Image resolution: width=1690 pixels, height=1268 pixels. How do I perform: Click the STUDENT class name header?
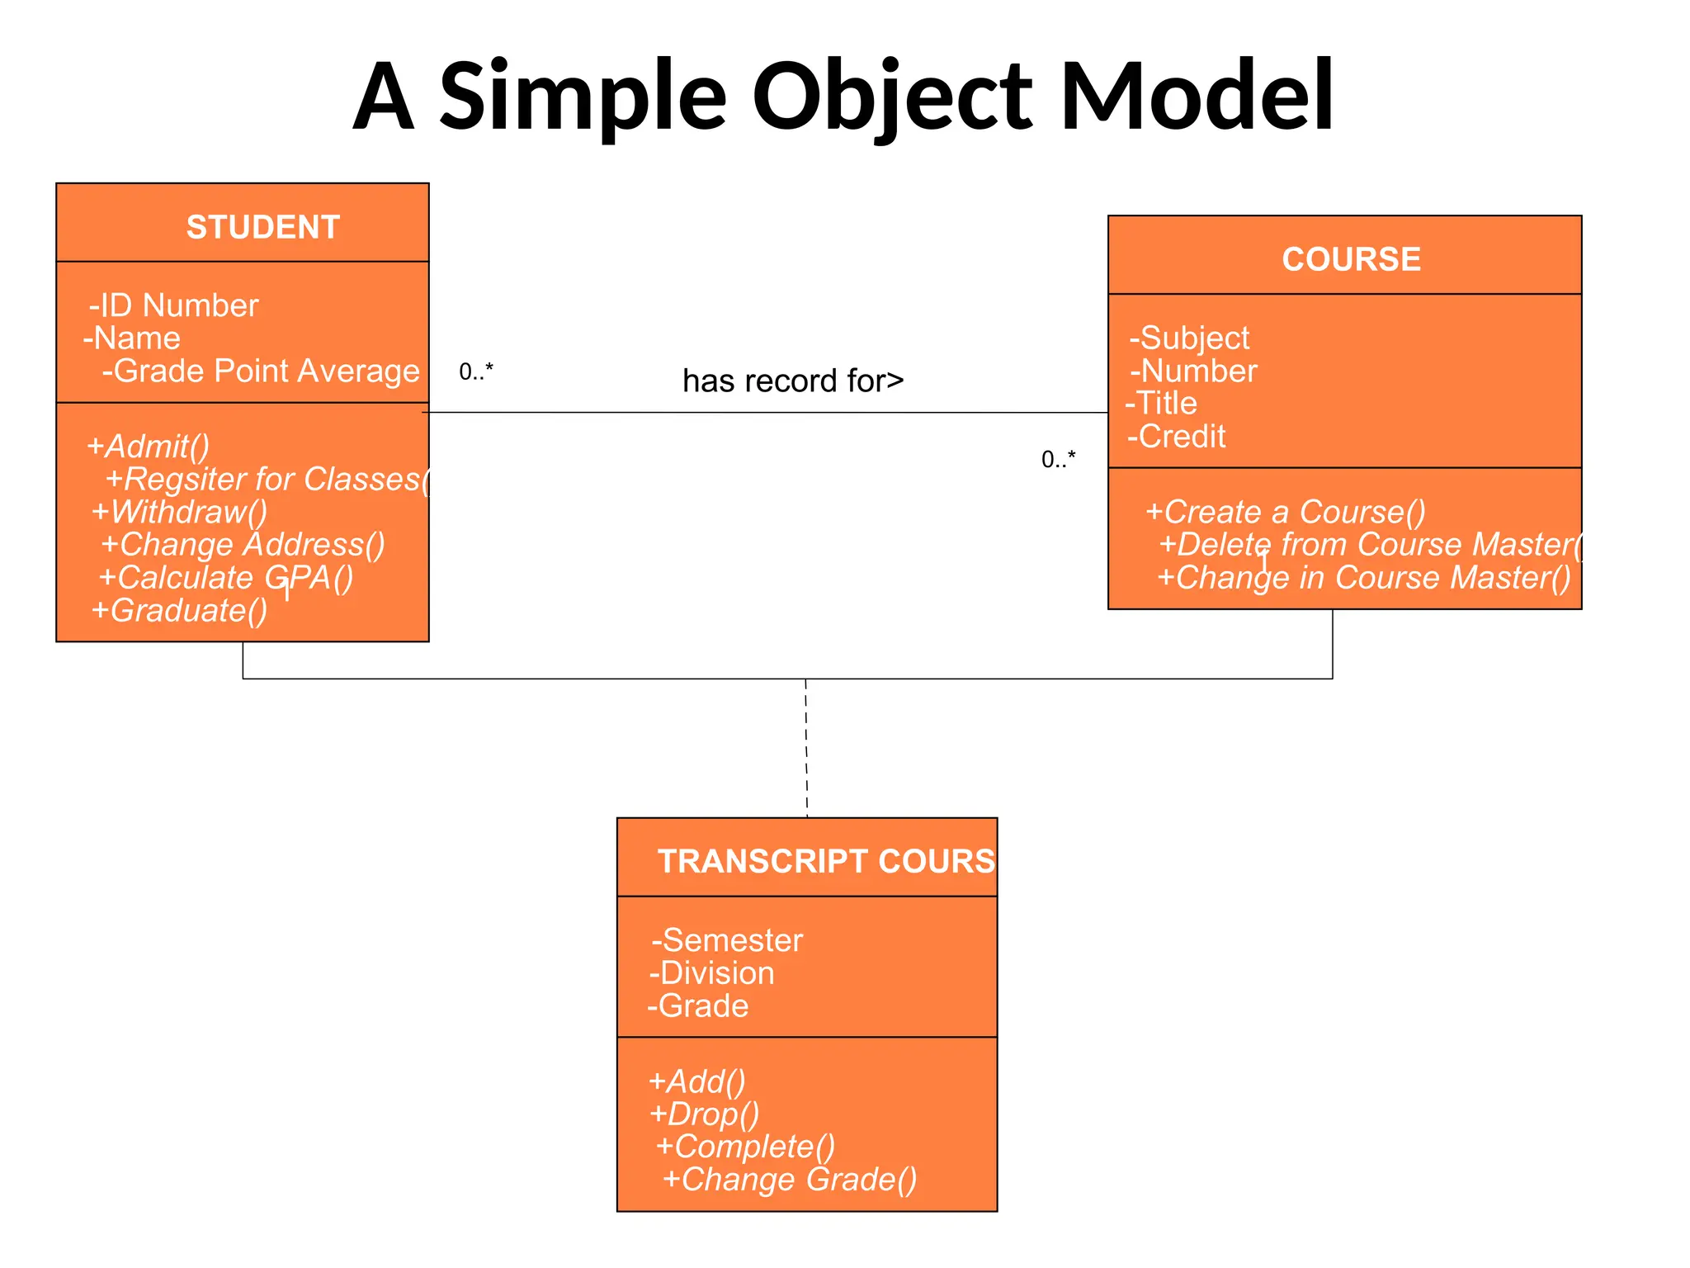262,227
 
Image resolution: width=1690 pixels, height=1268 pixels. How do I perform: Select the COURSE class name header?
1351,259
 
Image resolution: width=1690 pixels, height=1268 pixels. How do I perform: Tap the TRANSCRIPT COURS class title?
825,861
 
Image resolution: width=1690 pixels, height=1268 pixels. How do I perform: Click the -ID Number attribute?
174,305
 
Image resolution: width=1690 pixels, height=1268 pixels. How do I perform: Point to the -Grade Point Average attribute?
261,371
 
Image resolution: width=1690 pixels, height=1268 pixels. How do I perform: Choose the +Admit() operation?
149,446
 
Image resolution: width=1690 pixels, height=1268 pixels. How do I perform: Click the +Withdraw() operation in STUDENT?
180,512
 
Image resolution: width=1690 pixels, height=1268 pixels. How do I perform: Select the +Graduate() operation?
180,610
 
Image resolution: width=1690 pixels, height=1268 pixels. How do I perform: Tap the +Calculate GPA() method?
226,577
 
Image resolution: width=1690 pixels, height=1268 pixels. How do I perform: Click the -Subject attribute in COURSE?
1189,338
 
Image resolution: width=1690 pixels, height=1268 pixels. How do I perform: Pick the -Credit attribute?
1177,436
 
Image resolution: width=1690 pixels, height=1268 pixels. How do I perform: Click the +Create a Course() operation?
1285,512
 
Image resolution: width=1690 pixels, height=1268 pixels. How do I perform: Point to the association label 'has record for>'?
793,381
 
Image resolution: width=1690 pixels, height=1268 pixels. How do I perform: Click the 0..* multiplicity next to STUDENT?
476,371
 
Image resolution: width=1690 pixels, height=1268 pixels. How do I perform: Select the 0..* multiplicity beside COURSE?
1058,459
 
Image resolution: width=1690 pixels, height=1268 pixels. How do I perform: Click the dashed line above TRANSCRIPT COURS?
806,747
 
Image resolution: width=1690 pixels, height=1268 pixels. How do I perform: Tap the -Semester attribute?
727,940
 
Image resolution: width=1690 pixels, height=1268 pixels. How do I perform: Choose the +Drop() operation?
704,1114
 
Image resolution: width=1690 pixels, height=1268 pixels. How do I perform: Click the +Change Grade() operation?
790,1179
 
